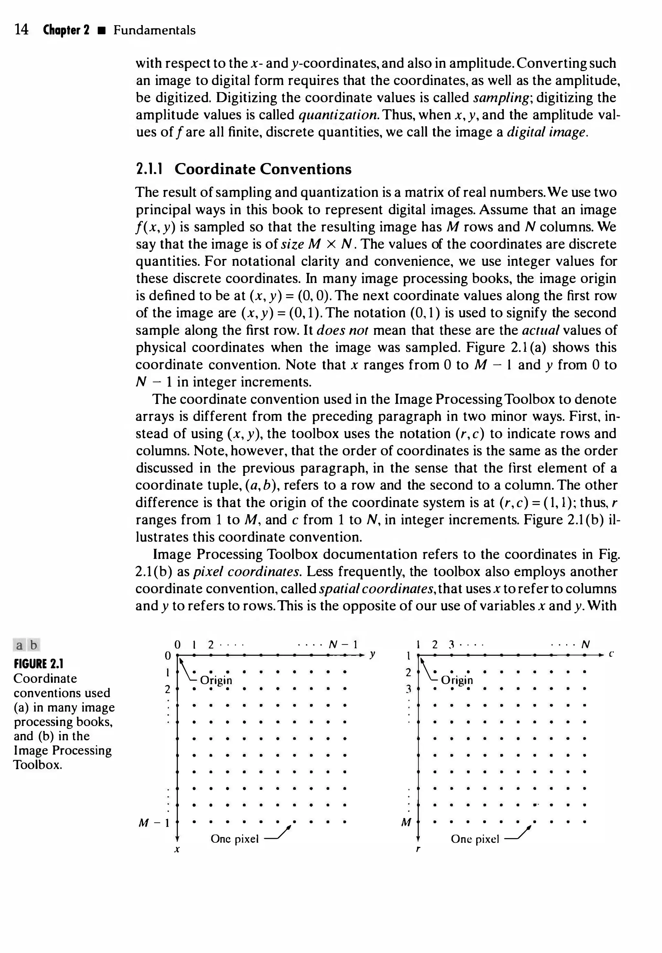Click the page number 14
point(22,30)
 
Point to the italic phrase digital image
point(548,132)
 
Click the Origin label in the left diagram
point(216,680)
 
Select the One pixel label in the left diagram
point(234,839)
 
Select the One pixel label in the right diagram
point(475,839)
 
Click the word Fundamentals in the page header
point(154,30)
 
